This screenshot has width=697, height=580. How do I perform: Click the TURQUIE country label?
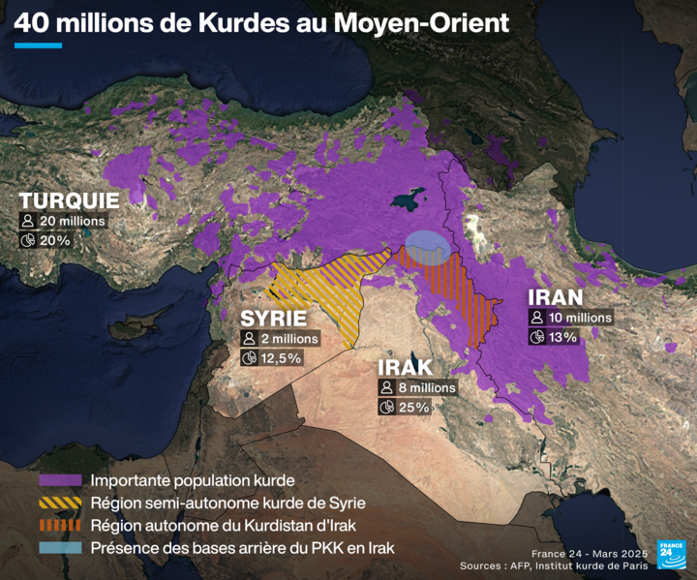69,200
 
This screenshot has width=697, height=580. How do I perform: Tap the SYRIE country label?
273,319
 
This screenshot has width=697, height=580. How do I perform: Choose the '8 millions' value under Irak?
425,387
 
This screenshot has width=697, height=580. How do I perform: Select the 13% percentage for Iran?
561,337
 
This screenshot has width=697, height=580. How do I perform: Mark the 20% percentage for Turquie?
54,239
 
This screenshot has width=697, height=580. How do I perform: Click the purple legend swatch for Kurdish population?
59,480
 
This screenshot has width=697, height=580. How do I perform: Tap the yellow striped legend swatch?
59,503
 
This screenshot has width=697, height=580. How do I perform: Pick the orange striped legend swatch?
59,526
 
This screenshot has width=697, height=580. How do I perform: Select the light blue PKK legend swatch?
59,548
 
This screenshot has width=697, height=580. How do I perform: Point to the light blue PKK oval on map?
427,247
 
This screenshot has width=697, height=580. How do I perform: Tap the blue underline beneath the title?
38,45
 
